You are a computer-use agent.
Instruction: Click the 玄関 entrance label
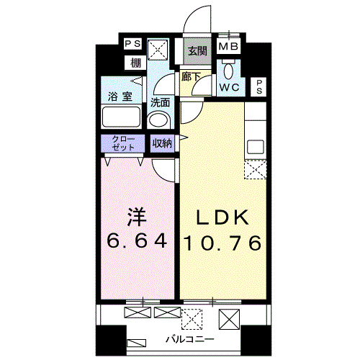197,51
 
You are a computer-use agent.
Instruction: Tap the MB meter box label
228,46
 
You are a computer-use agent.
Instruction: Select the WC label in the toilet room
230,87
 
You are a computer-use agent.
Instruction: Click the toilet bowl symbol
229,71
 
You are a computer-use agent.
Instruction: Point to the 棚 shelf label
135,63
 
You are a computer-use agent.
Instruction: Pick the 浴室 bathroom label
120,96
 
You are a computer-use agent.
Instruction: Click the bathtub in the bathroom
121,117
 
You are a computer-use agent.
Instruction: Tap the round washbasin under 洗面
158,120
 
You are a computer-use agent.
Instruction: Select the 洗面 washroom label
160,102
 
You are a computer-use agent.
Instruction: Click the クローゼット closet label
123,143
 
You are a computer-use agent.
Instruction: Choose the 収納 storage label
163,143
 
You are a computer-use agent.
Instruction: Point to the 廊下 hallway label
191,76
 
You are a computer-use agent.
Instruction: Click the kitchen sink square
256,147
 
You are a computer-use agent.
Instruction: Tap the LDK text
222,217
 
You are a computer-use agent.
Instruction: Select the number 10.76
222,243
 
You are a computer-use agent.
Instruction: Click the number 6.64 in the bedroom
137,240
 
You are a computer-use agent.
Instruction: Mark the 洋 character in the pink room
137,217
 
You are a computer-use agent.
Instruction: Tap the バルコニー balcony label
190,339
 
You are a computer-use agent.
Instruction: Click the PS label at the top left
133,44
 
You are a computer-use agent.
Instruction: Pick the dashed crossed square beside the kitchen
256,170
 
